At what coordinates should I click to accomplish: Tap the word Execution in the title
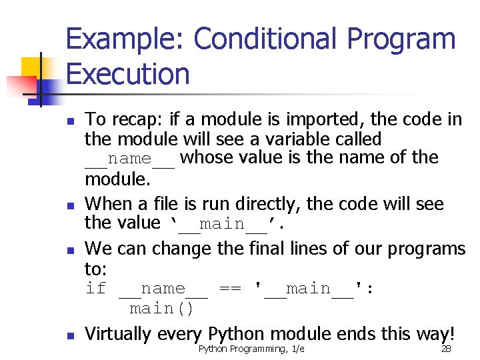[x=128, y=73]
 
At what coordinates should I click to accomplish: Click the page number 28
[x=447, y=349]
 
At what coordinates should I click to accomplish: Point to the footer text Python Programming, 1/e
[x=251, y=349]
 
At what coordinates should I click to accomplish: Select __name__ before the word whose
[x=130, y=159]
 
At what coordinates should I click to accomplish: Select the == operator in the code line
[x=231, y=289]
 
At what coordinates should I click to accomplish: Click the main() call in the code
[x=161, y=309]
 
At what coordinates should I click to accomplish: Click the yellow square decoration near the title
[x=31, y=67]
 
